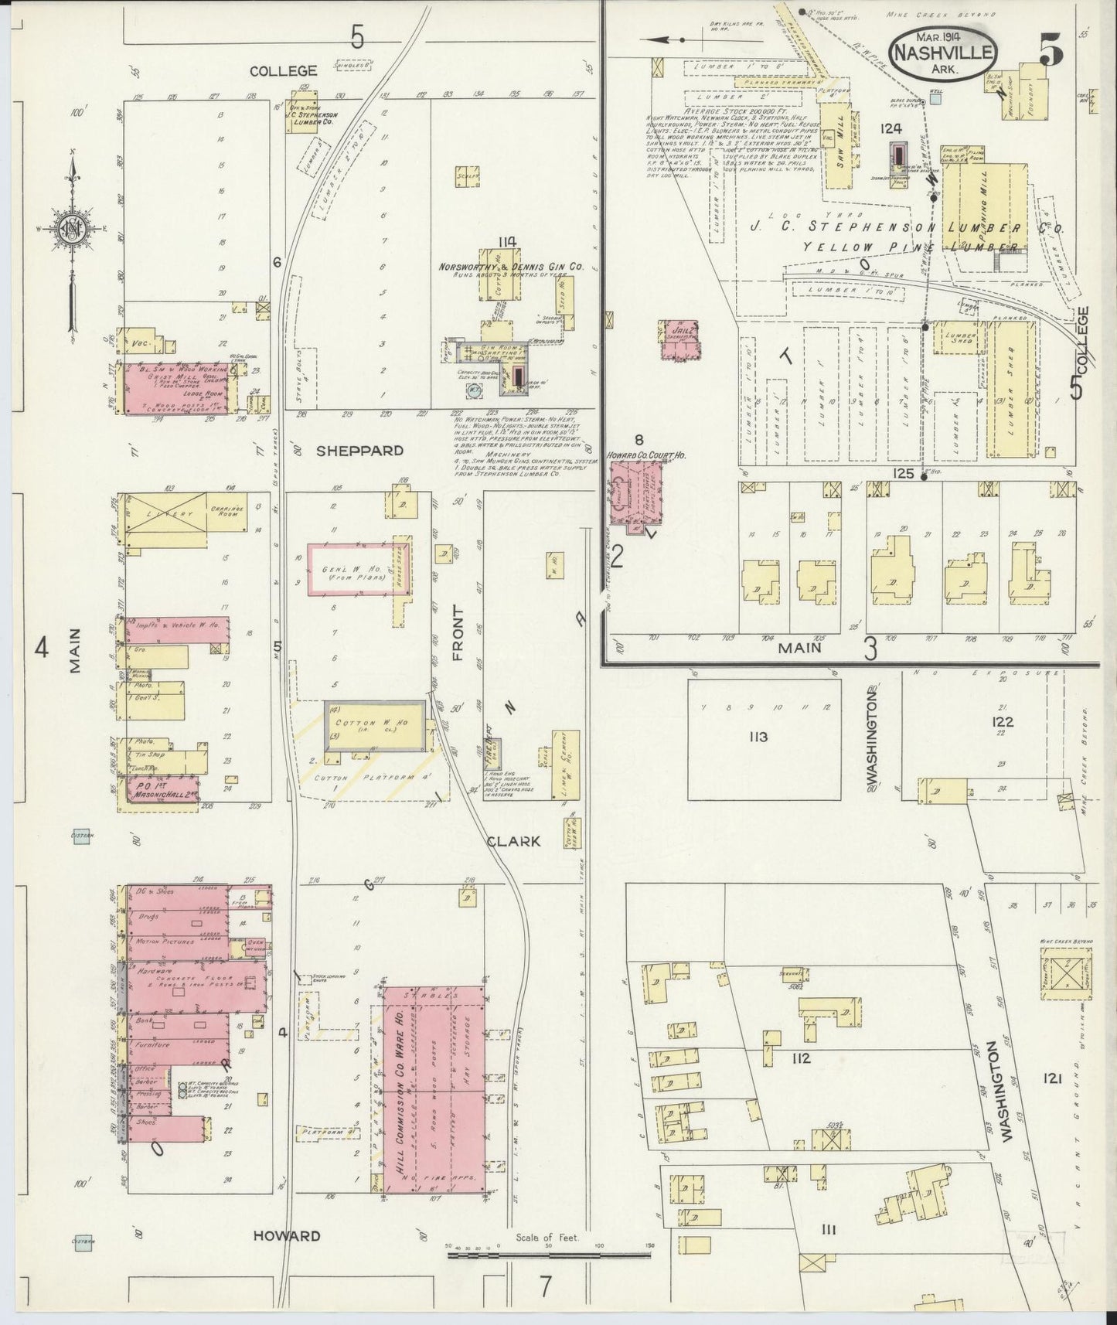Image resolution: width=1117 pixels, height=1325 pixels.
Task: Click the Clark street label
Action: (513, 841)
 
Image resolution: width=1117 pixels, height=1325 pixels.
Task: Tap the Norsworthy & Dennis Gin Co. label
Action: (510, 267)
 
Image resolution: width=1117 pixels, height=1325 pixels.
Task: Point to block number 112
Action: (801, 1058)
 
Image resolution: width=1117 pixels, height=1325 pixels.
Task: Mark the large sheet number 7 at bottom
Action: (546, 1286)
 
